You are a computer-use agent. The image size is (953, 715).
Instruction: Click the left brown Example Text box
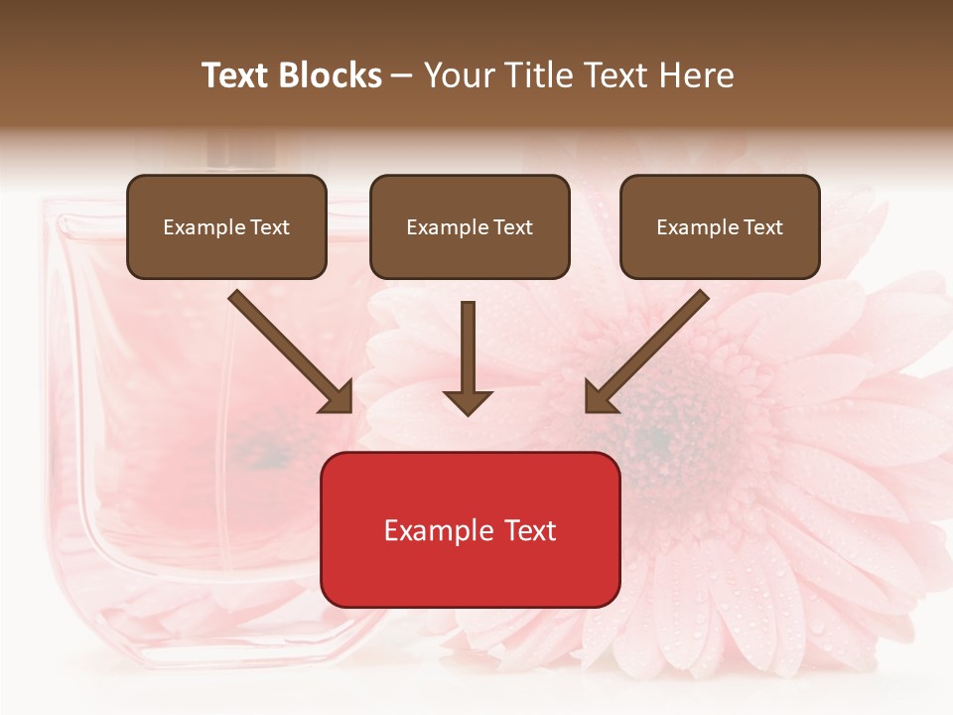pyautogui.click(x=226, y=226)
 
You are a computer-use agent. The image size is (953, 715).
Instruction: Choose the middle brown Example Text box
pyautogui.click(x=470, y=226)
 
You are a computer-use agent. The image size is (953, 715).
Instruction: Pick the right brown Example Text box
pyautogui.click(x=720, y=226)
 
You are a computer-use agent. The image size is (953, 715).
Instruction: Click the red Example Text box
pyautogui.click(x=470, y=529)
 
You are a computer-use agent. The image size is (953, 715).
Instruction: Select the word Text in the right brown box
pyautogui.click(x=762, y=226)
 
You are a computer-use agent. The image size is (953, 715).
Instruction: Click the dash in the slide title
pyautogui.click(x=403, y=75)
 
